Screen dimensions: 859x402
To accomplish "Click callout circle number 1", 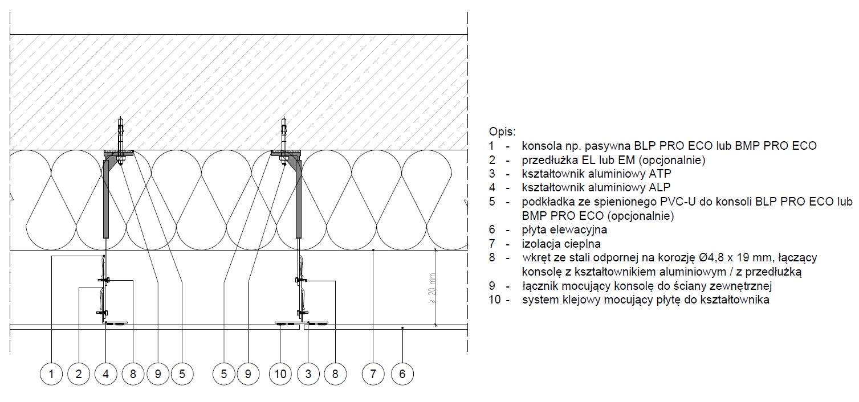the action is [x=51, y=374].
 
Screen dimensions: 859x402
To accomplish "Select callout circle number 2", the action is [x=79, y=374].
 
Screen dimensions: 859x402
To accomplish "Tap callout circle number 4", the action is [x=106, y=374].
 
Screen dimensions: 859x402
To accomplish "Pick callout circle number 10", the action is [x=280, y=374].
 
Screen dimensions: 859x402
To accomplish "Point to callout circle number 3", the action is [x=308, y=374].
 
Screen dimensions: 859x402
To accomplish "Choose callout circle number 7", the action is [x=373, y=374].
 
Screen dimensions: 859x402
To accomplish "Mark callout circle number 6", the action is [x=402, y=374].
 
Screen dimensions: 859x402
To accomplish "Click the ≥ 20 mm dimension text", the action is [x=432, y=288].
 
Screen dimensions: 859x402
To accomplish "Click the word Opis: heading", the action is [x=502, y=132].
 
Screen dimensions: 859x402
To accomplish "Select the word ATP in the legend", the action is [x=660, y=174].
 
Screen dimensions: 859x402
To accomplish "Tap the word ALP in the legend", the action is [x=659, y=187].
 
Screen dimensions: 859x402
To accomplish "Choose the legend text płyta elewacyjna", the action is [x=564, y=230].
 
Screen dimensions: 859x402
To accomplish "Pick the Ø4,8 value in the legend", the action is [x=709, y=257].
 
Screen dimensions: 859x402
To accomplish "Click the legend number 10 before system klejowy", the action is [x=495, y=300].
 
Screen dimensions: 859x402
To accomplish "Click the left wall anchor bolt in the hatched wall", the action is [x=121, y=141].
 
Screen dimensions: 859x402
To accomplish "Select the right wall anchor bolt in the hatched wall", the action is [x=284, y=141].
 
